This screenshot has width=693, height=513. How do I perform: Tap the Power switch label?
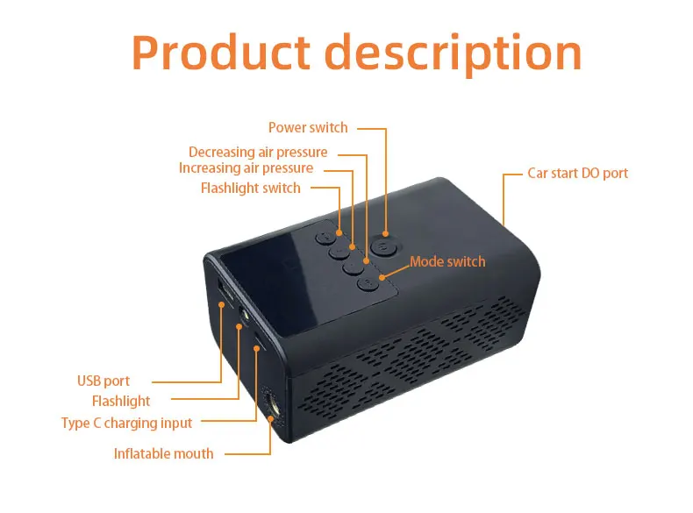click(308, 128)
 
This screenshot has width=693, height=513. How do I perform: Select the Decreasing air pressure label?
click(258, 153)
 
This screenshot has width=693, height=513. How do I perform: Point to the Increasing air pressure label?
click(246, 167)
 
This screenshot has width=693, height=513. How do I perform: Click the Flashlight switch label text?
click(250, 188)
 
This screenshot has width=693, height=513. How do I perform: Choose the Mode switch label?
click(447, 261)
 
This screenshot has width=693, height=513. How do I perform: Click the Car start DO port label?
click(577, 173)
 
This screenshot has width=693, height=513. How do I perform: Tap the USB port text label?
click(103, 381)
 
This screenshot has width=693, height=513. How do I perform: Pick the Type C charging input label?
click(126, 423)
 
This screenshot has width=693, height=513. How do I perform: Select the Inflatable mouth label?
click(163, 453)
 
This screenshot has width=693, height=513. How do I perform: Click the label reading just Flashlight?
click(121, 401)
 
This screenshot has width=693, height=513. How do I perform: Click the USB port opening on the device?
click(224, 292)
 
